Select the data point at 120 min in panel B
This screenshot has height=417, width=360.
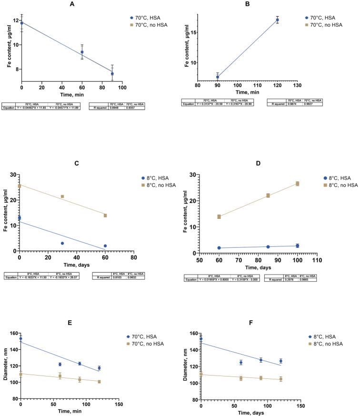pyautogui.click(x=277, y=20)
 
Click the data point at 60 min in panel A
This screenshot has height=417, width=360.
pyautogui.click(x=82, y=52)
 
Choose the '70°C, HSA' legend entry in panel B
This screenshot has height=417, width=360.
pyautogui.click(x=325, y=17)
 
